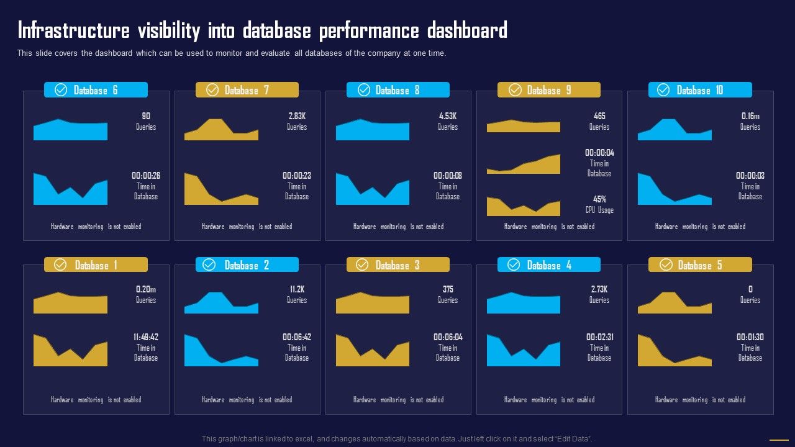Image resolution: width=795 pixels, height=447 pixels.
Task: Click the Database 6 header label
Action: click(x=95, y=90)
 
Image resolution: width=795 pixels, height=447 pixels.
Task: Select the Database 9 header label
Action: click(x=548, y=90)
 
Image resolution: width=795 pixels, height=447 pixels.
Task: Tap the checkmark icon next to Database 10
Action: click(x=663, y=90)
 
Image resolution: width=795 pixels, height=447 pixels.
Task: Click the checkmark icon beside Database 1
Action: click(x=60, y=265)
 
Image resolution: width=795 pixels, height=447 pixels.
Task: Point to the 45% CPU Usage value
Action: click(x=599, y=199)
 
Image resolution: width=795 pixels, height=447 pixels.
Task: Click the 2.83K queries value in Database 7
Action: click(x=297, y=116)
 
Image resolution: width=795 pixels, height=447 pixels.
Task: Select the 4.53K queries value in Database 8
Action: click(x=448, y=116)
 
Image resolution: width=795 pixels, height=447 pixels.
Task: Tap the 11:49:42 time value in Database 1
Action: click(x=146, y=337)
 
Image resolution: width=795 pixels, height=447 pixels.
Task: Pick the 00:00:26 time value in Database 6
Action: click(x=146, y=176)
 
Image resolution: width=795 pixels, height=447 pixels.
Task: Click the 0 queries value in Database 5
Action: click(x=750, y=289)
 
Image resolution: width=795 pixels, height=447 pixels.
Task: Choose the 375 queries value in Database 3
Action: click(x=448, y=289)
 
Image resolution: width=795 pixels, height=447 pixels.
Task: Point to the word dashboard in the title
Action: click(x=466, y=30)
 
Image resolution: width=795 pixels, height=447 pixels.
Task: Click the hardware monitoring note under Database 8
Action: click(x=398, y=227)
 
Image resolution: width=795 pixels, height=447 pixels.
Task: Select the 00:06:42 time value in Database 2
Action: click(x=297, y=337)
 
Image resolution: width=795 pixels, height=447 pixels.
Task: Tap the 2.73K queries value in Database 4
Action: click(x=599, y=289)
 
